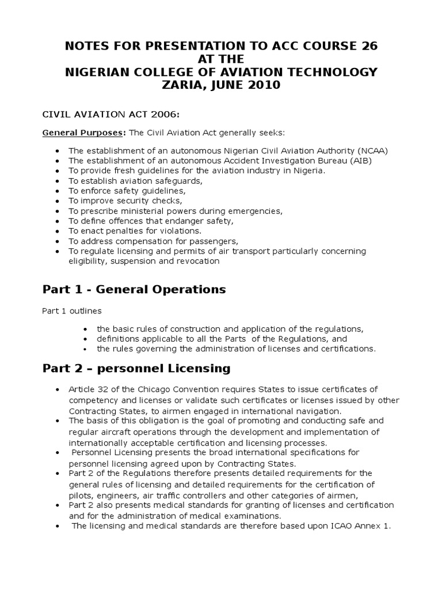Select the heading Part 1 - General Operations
[134, 289]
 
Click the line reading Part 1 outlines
[71, 311]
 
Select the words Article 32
[87, 389]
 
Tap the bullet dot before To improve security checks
[58, 201]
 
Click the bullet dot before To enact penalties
[58, 231]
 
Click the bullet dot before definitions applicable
[85, 339]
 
